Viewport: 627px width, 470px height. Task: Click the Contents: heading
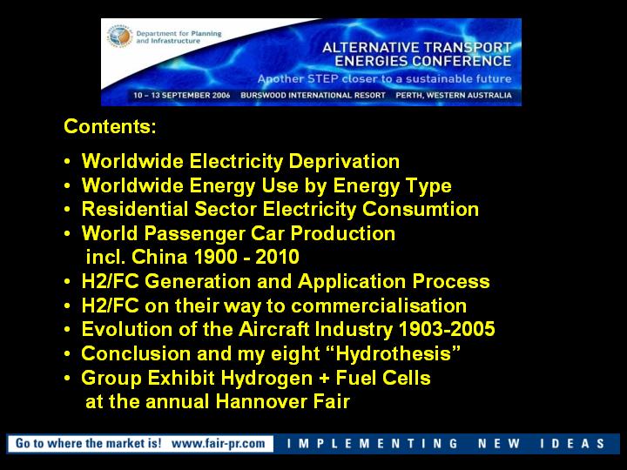tap(110, 126)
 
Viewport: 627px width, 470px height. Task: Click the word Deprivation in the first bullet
tap(344, 162)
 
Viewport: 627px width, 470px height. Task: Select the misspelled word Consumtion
tap(421, 209)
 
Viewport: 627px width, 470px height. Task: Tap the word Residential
tap(135, 209)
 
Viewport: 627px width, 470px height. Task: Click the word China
tap(158, 257)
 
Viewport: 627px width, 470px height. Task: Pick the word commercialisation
tap(379, 305)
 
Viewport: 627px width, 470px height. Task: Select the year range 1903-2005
tap(447, 329)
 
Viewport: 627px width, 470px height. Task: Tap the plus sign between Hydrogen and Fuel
tap(324, 379)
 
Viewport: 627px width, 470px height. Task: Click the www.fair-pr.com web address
tap(218, 443)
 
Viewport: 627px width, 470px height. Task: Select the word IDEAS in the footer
tap(572, 444)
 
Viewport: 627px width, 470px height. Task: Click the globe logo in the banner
tap(119, 37)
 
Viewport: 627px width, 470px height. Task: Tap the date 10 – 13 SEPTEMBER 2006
tap(181, 96)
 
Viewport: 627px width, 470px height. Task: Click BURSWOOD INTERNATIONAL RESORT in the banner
tap(313, 96)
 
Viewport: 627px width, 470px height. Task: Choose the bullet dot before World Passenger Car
tap(68, 234)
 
